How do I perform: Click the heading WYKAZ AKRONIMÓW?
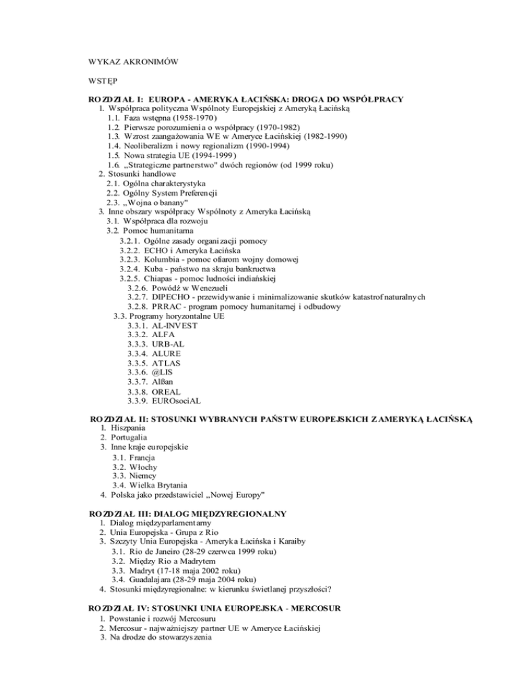[133, 62]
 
